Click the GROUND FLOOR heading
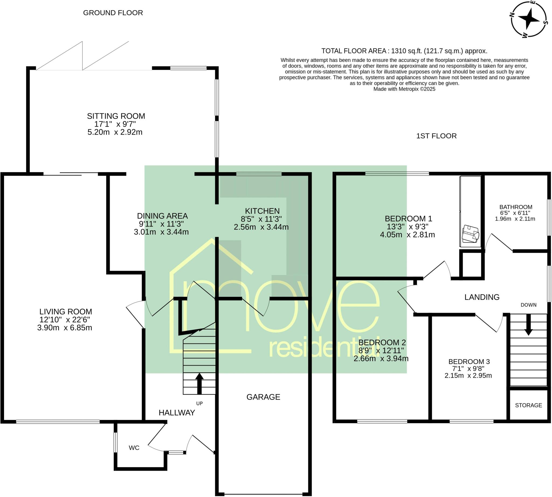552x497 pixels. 113,13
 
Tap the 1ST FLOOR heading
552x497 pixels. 436,136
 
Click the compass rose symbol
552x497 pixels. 529,19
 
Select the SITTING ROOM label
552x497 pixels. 116,116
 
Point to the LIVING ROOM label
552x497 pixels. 65,312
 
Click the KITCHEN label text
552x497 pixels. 262,211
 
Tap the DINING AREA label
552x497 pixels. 162,216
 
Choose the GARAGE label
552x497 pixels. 263,397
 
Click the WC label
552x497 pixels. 134,448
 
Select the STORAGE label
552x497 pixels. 528,405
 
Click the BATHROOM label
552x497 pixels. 516,207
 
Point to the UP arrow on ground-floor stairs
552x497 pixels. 199,383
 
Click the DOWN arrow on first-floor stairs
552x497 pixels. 529,324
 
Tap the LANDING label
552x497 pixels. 482,297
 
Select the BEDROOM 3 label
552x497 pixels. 469,362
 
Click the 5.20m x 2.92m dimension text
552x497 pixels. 115,132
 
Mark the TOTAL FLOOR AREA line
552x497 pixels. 404,51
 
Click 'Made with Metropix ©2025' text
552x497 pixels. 404,89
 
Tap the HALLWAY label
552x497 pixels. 177,413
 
